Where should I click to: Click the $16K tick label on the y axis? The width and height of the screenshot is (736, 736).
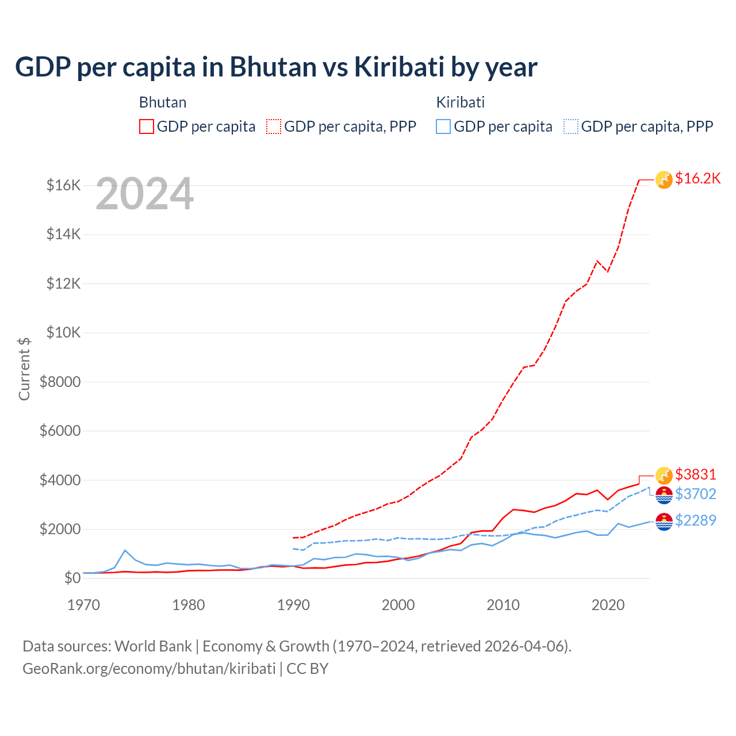pyautogui.click(x=63, y=185)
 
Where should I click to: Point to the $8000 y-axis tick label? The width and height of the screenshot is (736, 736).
pyautogui.click(x=60, y=382)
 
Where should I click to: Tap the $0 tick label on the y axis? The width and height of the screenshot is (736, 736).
pyautogui.click(x=72, y=578)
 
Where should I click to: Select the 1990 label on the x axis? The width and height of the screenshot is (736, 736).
pyautogui.click(x=293, y=605)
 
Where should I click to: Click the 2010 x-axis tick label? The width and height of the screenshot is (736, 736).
pyautogui.click(x=503, y=605)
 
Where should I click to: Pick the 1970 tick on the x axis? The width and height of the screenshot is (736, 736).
pyautogui.click(x=84, y=605)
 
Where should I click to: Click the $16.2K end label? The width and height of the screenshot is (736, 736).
pyautogui.click(x=697, y=179)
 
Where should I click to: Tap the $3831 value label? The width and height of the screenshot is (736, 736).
pyautogui.click(x=696, y=474)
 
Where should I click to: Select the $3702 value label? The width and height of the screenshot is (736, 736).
pyautogui.click(x=696, y=494)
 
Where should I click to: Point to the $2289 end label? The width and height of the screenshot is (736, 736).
pyautogui.click(x=696, y=520)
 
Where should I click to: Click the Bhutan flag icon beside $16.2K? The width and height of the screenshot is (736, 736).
pyautogui.click(x=664, y=180)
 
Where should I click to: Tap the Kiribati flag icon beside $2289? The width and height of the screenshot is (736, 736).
pyautogui.click(x=664, y=522)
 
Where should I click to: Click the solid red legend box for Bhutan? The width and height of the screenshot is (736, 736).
pyautogui.click(x=147, y=126)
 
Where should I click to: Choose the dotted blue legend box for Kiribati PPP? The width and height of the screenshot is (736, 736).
pyautogui.click(x=571, y=126)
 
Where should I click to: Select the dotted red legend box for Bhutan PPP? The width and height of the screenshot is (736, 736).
pyautogui.click(x=274, y=126)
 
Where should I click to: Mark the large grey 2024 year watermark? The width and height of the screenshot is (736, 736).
pyautogui.click(x=144, y=194)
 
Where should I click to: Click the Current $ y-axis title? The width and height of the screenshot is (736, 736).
pyautogui.click(x=24, y=369)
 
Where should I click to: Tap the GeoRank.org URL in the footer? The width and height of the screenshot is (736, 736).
pyautogui.click(x=149, y=669)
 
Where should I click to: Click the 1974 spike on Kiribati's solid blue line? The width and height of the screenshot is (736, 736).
pyautogui.click(x=125, y=550)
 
